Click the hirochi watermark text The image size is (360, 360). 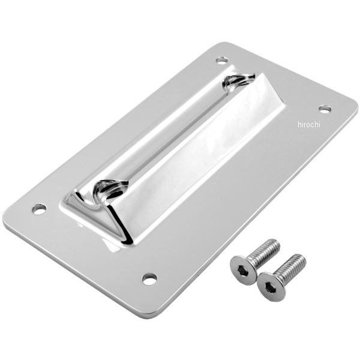tap(308, 124)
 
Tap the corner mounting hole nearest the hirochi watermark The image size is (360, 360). tap(325, 109)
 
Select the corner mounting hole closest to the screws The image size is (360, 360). tap(149, 278)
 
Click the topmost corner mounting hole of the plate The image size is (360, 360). tap(222, 61)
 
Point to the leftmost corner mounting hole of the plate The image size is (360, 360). tap(39, 209)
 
